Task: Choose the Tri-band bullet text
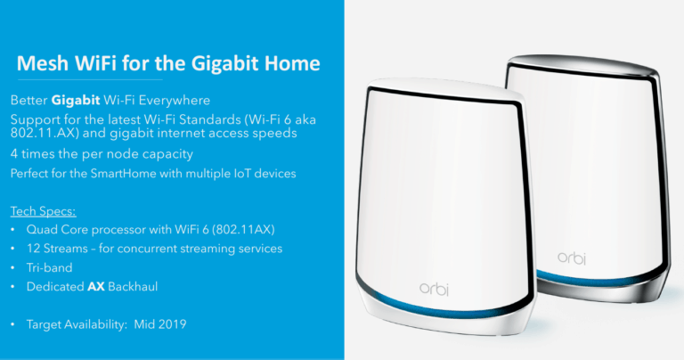[x=49, y=266]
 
